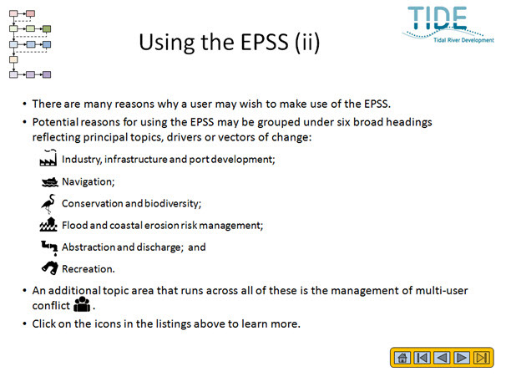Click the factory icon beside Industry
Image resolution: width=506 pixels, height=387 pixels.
pos(48,158)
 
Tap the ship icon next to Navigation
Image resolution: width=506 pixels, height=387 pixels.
pos(50,182)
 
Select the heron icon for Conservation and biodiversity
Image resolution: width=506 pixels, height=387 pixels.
pos(48,203)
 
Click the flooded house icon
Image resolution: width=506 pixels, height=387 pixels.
pos(48,225)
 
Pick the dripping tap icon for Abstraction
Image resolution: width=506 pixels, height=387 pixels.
pos(49,247)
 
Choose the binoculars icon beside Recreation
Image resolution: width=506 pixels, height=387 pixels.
pos(50,267)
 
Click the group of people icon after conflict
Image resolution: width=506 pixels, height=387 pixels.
pos(82,304)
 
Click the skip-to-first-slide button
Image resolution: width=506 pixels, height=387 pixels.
pos(423,358)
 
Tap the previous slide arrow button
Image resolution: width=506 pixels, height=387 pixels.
pos(442,358)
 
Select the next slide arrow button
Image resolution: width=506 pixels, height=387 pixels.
pos(462,358)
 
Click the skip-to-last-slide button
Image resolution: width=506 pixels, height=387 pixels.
pos(482,358)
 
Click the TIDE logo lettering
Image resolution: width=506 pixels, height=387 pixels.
pos(438,18)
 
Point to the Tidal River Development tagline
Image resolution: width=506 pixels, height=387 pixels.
pos(463,40)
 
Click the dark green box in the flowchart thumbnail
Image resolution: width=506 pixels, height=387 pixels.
pos(47,29)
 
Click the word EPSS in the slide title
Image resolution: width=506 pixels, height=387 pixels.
pos(265,42)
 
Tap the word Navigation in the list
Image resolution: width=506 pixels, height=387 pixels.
pos(89,182)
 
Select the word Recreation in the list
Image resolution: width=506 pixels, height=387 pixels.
pos(89,269)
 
